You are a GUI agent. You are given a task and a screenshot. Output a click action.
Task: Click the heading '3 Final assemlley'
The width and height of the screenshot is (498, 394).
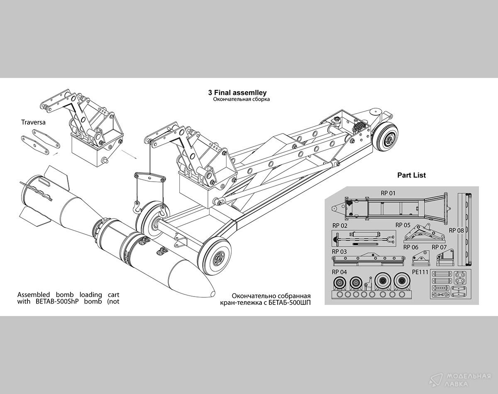pos(237,93)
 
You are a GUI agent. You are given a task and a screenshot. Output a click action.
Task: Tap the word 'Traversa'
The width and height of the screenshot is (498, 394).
pos(33,122)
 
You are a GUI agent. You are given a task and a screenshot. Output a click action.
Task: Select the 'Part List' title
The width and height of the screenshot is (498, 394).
pos(411,175)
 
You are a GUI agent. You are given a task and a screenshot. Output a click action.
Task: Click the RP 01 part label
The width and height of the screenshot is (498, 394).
pos(388,193)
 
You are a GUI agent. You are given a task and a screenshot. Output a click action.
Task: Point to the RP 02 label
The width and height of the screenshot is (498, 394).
pos(339,226)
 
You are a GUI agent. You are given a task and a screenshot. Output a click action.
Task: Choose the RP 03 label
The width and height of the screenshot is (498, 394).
pos(339,252)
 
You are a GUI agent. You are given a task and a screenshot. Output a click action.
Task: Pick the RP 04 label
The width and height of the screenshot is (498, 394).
pos(339,272)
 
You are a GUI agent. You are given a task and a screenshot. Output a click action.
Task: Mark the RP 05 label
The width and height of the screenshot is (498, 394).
pos(403,225)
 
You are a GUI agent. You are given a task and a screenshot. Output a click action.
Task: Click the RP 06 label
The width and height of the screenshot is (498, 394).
pos(411,247)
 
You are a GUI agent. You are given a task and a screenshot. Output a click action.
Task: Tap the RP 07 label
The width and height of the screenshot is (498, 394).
pos(439,247)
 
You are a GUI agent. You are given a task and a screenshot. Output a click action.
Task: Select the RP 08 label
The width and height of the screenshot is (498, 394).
pos(456,230)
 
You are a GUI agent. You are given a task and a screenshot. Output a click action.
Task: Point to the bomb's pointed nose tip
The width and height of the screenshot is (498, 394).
pos(212,293)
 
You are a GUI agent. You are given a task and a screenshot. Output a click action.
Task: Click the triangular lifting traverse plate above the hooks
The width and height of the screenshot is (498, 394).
pos(149,178)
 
